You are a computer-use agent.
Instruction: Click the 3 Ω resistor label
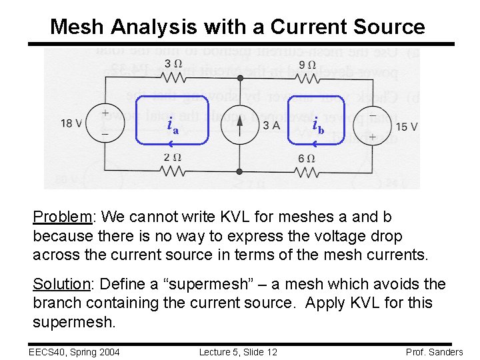coord(173,64)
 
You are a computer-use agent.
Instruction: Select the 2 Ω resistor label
coord(173,158)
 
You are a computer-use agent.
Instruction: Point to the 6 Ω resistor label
coord(307,158)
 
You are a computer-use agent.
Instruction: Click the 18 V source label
coord(72,123)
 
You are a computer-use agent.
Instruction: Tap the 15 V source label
coord(406,127)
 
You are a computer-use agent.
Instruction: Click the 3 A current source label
coord(271,125)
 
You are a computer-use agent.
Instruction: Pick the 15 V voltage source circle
coord(372,125)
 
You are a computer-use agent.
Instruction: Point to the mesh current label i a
coord(173,125)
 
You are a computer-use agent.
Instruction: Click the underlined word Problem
coord(63,217)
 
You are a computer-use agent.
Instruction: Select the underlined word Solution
coord(61,285)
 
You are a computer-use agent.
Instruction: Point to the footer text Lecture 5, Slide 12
coord(238,351)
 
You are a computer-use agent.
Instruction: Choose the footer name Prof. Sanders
coord(434,351)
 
